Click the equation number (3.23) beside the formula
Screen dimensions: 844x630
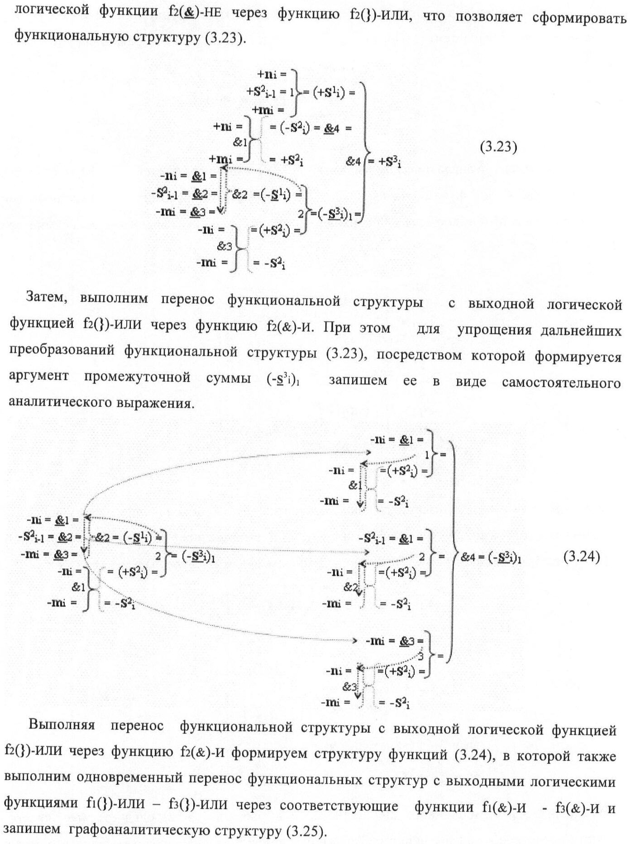(x=498, y=147)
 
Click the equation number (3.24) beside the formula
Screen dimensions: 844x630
(x=582, y=556)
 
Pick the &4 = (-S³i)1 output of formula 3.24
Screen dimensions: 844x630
(x=491, y=558)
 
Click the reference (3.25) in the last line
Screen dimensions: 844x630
(x=305, y=831)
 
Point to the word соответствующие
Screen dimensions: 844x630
(x=339, y=805)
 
